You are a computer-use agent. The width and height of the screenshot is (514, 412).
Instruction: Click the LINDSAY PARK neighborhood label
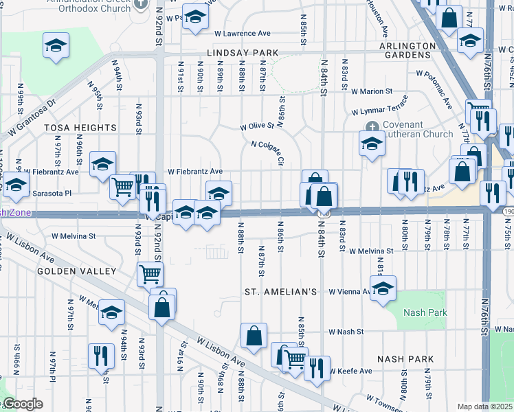[240, 53]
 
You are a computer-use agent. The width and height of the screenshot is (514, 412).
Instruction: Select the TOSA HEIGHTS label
[80, 128]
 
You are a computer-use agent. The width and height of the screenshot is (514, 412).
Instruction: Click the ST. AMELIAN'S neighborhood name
[280, 292]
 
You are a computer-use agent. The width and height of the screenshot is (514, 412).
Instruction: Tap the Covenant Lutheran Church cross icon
[372, 126]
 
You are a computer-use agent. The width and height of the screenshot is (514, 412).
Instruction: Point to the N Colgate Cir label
[268, 152]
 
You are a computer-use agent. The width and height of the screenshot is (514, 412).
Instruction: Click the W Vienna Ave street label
[349, 292]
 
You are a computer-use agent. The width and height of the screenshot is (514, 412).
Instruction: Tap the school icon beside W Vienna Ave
[383, 287]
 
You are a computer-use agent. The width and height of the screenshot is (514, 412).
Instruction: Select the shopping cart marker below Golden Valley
[150, 274]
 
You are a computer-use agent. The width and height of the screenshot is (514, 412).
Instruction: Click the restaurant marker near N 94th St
[101, 356]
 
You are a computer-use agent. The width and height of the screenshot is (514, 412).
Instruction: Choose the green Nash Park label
[425, 312]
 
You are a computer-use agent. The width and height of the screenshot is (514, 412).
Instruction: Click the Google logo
[22, 404]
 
